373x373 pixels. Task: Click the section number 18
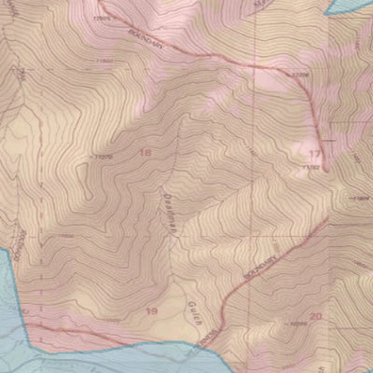(x=145, y=151)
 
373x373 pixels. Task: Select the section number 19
(x=152, y=307)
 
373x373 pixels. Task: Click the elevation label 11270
(x=103, y=156)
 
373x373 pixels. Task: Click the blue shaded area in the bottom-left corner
(x=19, y=345)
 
